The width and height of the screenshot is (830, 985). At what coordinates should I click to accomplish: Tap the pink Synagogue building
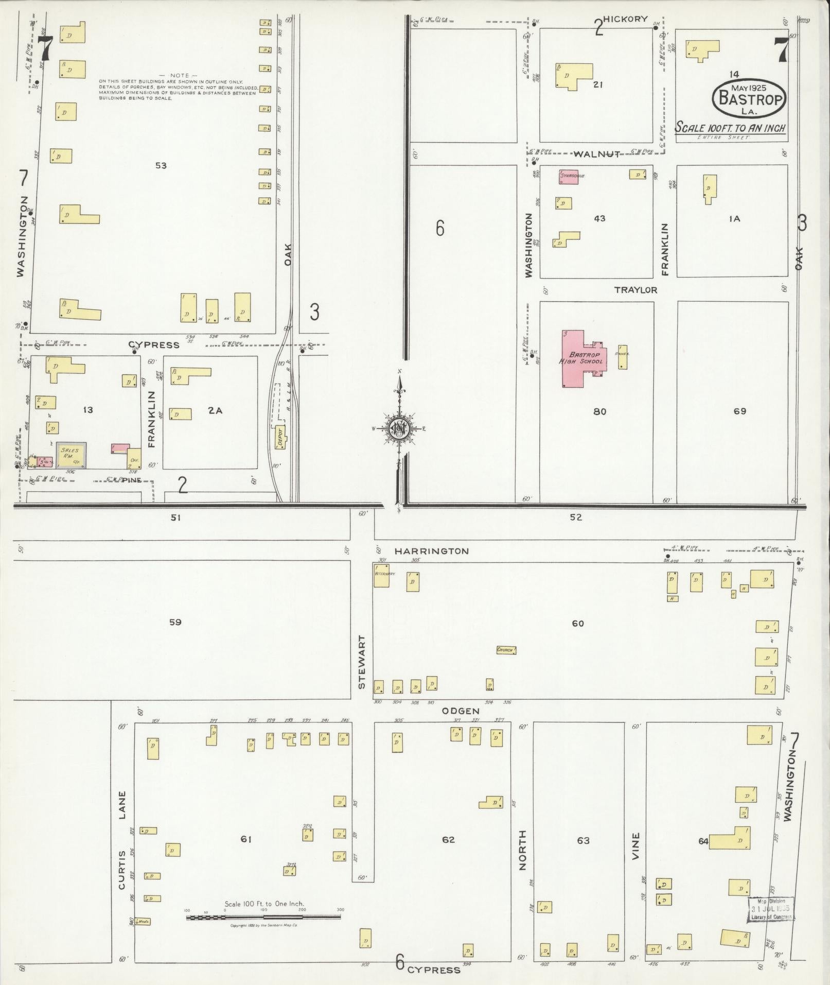coord(568,177)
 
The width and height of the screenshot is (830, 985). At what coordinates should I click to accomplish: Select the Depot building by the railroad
coord(281,437)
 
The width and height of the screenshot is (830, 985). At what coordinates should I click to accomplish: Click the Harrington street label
coord(431,551)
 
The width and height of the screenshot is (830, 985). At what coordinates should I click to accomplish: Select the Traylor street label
coord(635,290)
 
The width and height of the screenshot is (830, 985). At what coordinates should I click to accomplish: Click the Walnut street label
coord(597,153)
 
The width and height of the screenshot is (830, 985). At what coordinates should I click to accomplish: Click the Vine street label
coord(636,846)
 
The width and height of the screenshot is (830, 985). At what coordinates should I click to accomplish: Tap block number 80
coord(599,411)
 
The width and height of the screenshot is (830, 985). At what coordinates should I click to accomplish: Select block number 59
coord(175,622)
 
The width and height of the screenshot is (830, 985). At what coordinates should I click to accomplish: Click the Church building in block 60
coord(506,650)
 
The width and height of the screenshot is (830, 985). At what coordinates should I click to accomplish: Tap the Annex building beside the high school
coord(623,357)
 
